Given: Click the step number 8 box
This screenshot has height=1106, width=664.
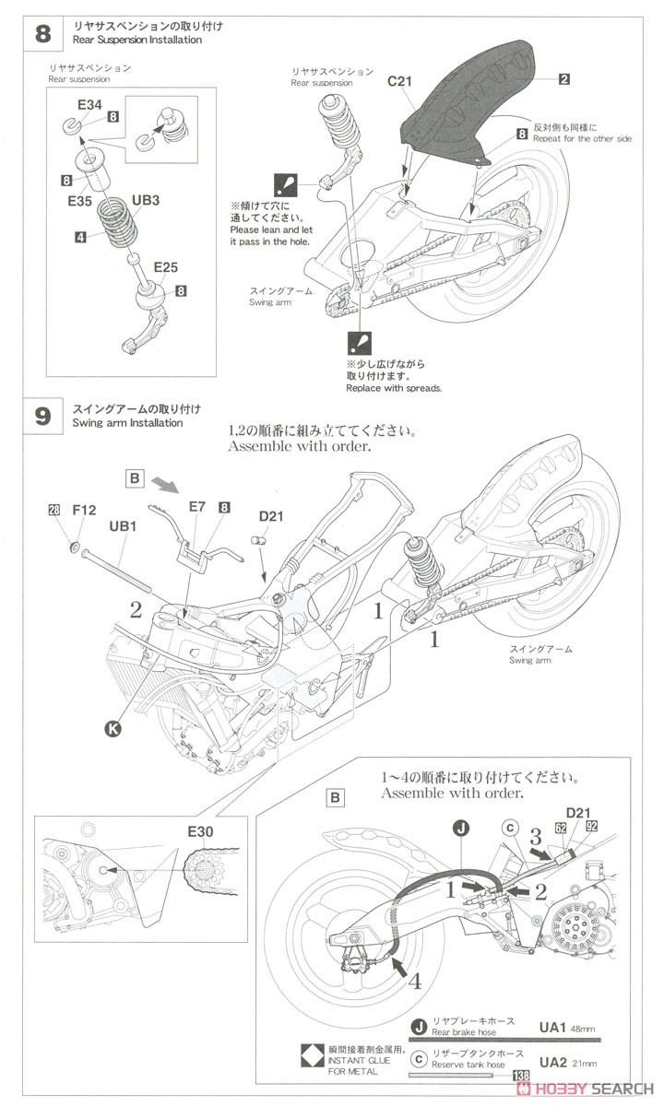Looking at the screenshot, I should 42,35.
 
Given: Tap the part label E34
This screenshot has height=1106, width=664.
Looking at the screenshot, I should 89,105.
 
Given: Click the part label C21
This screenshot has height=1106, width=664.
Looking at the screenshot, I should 399,82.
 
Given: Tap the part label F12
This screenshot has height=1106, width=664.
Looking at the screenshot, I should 85,510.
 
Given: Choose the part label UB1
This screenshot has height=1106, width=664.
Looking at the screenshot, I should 124,525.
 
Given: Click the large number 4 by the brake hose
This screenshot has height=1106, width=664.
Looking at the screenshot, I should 416,982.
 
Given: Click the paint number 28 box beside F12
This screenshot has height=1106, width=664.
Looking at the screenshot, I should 53,510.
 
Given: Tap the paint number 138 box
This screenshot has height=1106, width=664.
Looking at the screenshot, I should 521,1076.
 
